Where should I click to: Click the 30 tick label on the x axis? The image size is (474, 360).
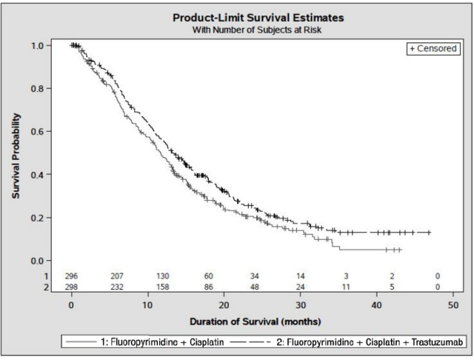[x=300, y=304]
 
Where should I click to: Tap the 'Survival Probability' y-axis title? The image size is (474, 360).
[x=16, y=155]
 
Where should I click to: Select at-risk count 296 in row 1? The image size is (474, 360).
[x=71, y=276]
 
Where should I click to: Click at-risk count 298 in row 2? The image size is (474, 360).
[x=71, y=286]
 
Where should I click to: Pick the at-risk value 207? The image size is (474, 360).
[x=117, y=276]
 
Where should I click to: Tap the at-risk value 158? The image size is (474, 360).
[x=163, y=286]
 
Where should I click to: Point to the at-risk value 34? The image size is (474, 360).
[x=255, y=276]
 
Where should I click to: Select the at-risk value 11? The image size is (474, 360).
[x=346, y=286]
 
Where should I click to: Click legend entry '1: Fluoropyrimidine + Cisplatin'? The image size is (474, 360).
[x=140, y=343]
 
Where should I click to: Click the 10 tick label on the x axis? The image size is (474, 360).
[x=148, y=304]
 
